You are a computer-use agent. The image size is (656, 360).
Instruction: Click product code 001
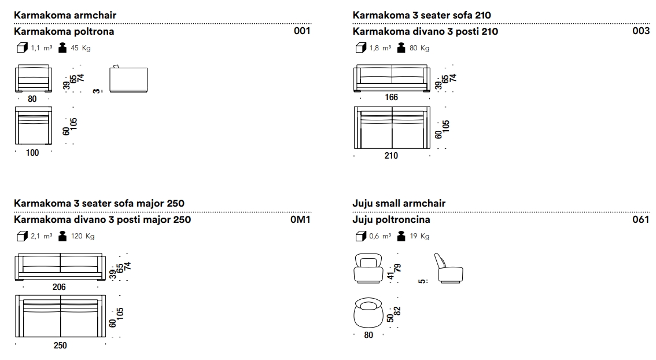point(302,31)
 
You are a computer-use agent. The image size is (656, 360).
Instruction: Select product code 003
point(641,31)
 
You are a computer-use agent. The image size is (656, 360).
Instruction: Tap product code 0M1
point(300,219)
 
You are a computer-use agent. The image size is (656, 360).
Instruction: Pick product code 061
point(641,219)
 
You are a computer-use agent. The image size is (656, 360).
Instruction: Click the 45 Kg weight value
point(80,48)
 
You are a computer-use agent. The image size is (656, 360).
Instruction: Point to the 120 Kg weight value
point(82,236)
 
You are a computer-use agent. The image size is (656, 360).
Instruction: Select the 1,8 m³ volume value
point(380,48)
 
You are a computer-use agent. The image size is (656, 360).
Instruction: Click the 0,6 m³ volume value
point(380,236)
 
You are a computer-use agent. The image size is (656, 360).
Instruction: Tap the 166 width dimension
point(391,97)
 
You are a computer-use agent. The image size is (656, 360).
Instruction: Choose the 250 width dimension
point(60,346)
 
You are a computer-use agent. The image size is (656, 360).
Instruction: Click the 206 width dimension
point(59,286)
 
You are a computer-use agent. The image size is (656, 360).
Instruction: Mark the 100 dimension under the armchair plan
point(32,153)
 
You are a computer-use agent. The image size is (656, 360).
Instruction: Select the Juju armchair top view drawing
point(368,313)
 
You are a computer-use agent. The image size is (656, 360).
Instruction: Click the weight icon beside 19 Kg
point(401,236)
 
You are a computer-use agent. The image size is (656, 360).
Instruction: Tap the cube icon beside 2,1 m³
point(22,237)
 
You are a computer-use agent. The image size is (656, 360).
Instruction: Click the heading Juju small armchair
point(399,204)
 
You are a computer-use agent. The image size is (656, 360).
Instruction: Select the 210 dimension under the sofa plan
point(391,156)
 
